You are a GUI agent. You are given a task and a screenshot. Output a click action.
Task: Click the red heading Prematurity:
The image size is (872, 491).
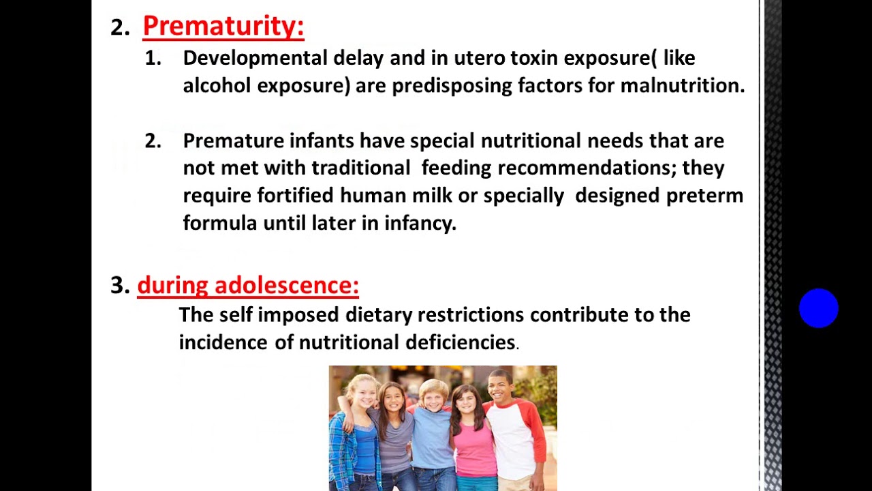223,27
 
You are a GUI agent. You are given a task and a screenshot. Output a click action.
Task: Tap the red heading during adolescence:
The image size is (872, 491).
248,285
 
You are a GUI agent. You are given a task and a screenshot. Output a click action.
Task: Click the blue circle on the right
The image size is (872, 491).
818,308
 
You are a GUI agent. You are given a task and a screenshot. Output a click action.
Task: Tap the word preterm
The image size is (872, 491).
704,196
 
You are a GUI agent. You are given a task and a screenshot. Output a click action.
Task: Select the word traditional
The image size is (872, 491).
361,168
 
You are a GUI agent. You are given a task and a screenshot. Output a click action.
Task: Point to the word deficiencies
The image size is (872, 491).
461,342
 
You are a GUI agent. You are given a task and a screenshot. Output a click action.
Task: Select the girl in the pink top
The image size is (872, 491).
472,436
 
